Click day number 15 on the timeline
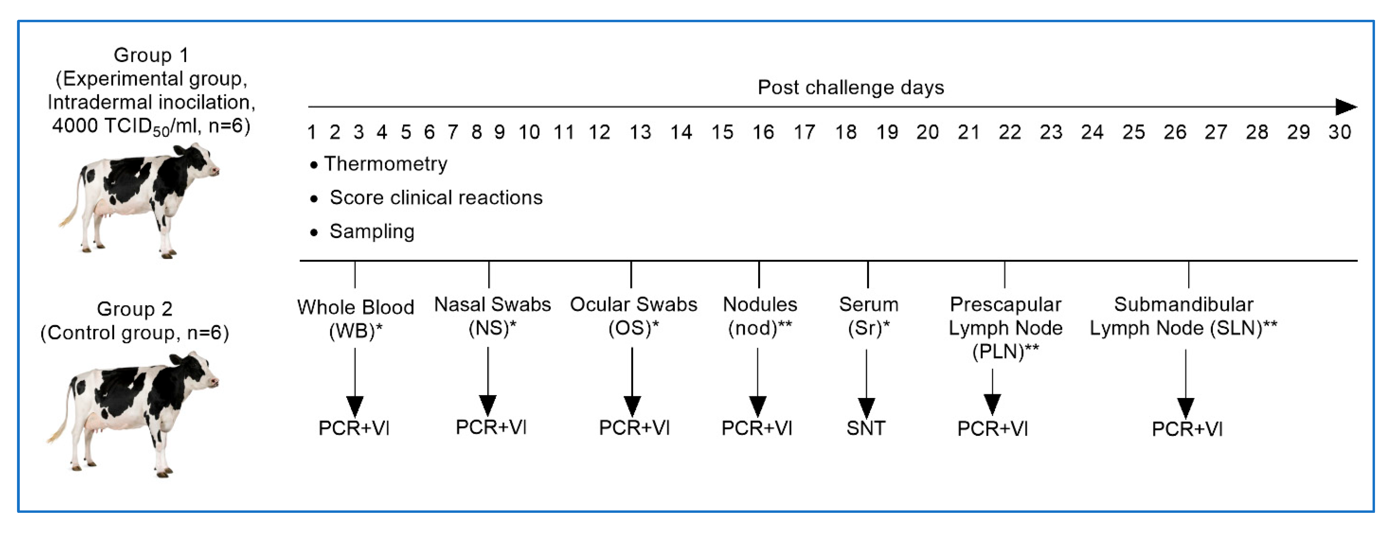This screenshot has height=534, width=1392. [722, 132]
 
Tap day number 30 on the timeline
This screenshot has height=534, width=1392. [1340, 132]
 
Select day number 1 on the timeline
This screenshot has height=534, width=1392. [312, 132]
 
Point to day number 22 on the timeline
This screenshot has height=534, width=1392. [1009, 132]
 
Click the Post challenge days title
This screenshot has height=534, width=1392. [850, 87]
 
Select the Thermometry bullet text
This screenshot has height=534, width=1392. [385, 164]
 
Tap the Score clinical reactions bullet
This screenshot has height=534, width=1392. [436, 198]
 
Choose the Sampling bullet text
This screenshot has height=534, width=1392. [372, 232]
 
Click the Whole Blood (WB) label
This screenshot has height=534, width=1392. [355, 319]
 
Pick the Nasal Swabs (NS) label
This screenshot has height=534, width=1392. [492, 316]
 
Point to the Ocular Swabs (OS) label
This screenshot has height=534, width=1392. [633, 316]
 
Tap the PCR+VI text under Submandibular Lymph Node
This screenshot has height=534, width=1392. [1186, 429]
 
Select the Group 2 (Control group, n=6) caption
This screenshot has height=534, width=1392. [135, 321]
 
